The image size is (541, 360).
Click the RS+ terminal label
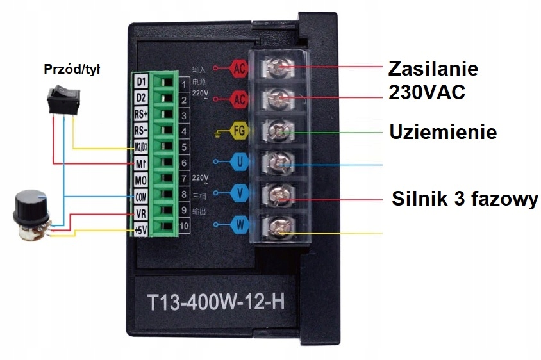pos(141,115)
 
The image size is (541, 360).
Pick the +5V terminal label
pos(141,228)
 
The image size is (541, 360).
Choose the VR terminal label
pos(141,212)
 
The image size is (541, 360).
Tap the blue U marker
pos(239,161)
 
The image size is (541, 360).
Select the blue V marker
pos(239,192)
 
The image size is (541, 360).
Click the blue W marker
pos(239,224)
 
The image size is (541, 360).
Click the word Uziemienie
pos(443,133)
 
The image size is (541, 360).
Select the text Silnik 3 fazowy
pos(465,199)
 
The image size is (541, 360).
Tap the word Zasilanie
pos(434,69)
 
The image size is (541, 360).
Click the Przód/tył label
pos(72,69)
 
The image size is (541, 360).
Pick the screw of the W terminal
pos(280,226)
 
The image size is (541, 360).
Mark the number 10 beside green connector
pos(184,226)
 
